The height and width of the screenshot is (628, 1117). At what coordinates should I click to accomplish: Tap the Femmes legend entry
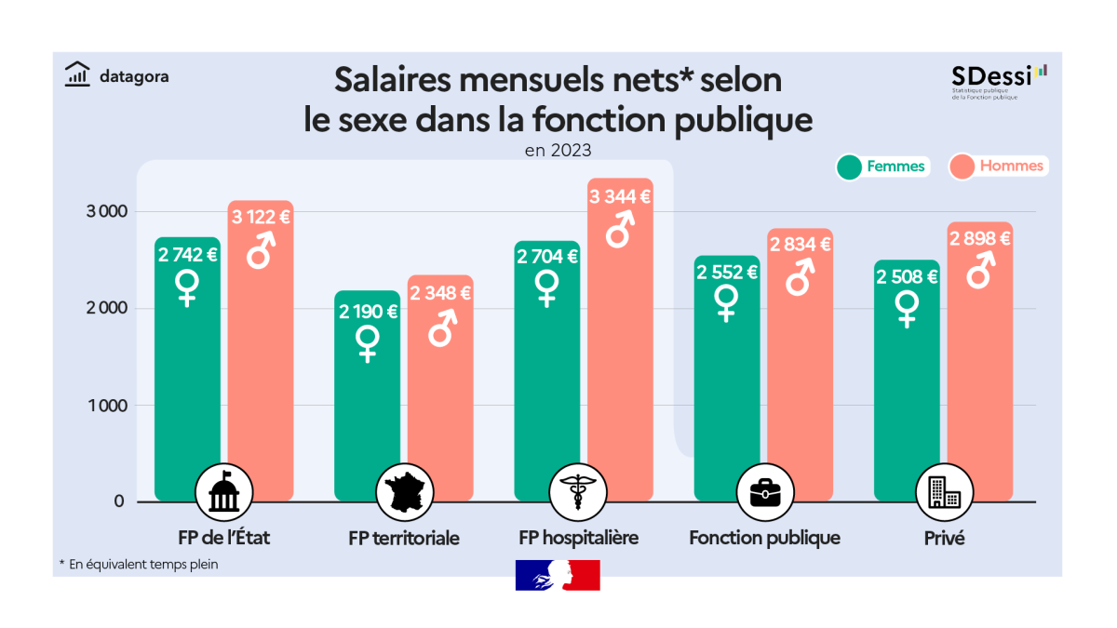pyautogui.click(x=882, y=167)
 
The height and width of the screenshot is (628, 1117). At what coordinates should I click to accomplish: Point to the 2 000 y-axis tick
pyautogui.click(x=105, y=308)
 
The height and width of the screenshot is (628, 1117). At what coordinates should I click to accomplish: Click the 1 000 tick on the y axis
pyautogui.click(x=105, y=406)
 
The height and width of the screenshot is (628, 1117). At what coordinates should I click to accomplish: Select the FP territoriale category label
pyautogui.click(x=404, y=538)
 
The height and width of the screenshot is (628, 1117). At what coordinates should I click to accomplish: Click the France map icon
pyautogui.click(x=404, y=493)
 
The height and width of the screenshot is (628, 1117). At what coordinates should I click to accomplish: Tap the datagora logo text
pyautogui.click(x=133, y=77)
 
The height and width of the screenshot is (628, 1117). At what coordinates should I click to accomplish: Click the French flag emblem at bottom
pyautogui.click(x=558, y=575)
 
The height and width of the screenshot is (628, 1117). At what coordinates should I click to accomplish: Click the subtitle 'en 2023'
pyautogui.click(x=558, y=147)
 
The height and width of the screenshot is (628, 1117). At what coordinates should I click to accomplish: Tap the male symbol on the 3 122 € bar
pyautogui.click(x=260, y=249)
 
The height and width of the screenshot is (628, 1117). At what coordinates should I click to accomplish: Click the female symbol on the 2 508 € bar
pyautogui.click(x=907, y=308)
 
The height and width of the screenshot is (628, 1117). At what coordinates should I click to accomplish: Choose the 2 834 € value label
pyautogui.click(x=800, y=244)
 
